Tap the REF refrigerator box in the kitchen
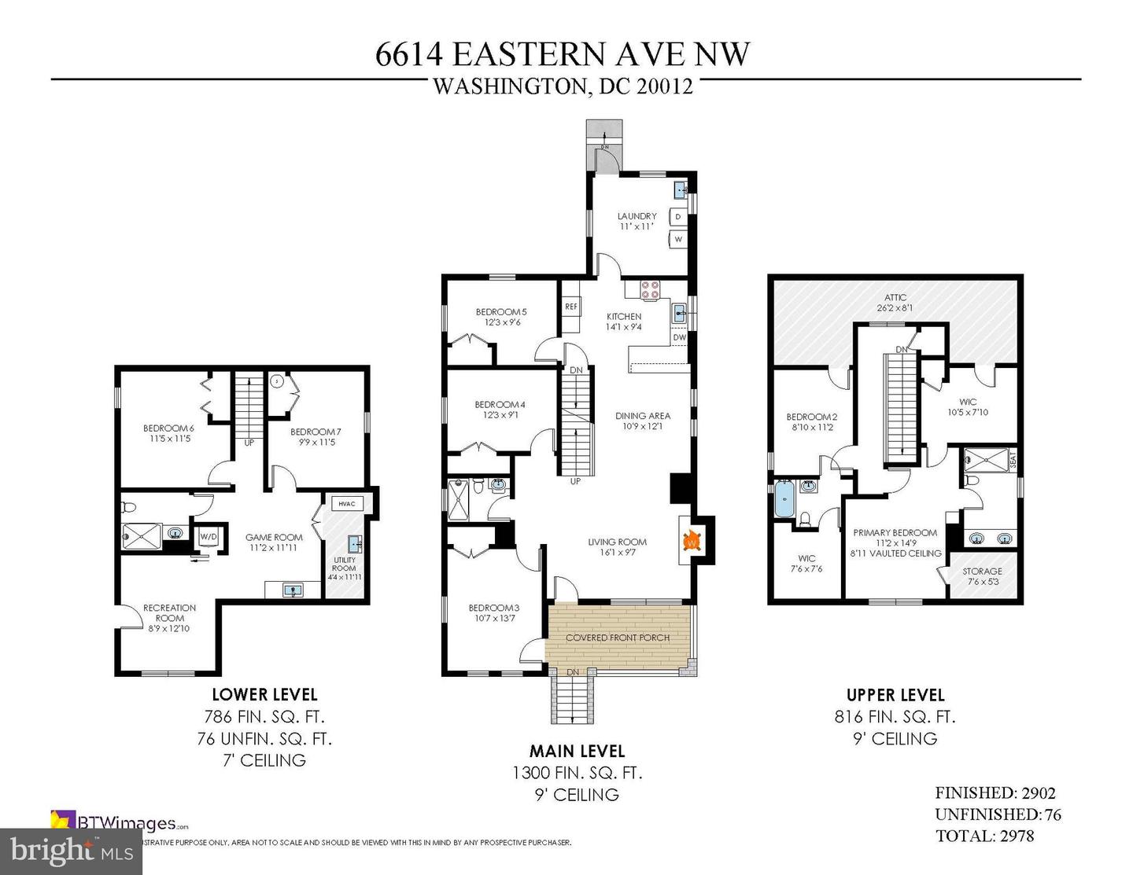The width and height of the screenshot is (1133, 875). [x=571, y=307]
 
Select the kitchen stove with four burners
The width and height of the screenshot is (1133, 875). [x=651, y=289]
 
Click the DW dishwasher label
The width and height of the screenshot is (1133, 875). [x=680, y=337]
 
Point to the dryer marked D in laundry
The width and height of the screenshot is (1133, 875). [x=677, y=215]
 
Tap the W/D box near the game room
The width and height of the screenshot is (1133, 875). [x=208, y=536]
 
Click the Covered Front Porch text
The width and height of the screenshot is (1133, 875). [x=618, y=637]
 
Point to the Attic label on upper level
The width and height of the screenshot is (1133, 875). [x=895, y=297]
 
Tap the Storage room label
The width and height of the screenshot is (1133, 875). [x=982, y=572]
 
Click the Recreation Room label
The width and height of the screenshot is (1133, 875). [x=169, y=612]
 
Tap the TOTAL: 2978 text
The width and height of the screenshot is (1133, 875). [x=984, y=835]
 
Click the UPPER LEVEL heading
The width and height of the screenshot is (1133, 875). [x=895, y=695]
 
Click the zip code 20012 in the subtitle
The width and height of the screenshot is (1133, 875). [x=666, y=86]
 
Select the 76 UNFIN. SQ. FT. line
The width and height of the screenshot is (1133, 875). [x=264, y=738]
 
